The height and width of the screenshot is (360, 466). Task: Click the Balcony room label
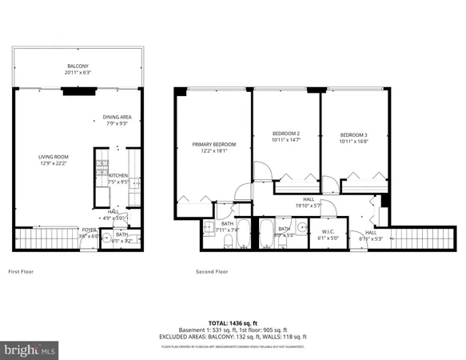coord(78,66)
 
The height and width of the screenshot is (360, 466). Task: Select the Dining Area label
coord(117,117)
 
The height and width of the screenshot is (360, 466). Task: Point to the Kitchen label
coord(118,175)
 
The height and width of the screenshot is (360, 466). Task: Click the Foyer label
coord(88,230)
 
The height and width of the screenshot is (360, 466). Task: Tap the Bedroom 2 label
coord(286,134)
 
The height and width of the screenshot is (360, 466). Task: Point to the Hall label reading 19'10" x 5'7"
coord(308,206)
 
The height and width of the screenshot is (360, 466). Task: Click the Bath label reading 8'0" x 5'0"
coord(285,231)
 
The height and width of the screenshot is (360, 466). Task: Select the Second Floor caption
coord(212,272)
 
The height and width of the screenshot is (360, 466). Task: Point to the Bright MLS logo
coord(30,350)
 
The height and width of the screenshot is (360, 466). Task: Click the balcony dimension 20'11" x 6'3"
coord(78,73)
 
